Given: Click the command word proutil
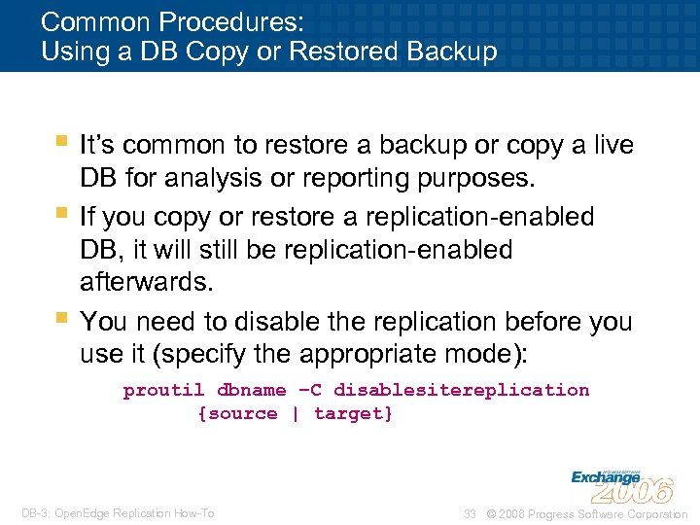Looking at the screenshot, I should pos(163,391).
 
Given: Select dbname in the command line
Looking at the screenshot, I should pos(251,391).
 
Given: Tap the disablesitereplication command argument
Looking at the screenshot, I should pos(461,391).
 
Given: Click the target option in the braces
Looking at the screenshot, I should pos(350,414).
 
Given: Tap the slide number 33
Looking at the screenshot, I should pos(470,514).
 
